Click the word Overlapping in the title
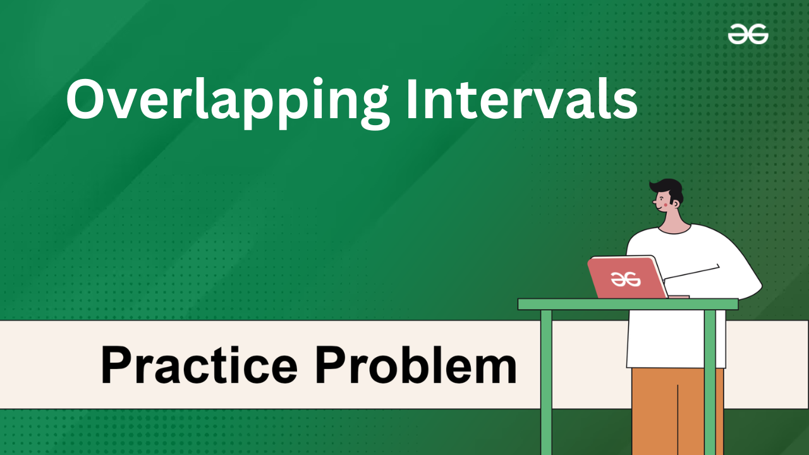(228, 103)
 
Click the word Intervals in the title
(522, 99)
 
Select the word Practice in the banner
(199, 365)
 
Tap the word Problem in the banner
(416, 365)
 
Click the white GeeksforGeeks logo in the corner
(748, 34)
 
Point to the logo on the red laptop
(626, 279)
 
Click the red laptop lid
(628, 277)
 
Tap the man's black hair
(669, 190)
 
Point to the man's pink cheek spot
(666, 205)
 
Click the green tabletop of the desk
(628, 305)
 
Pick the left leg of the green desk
(547, 382)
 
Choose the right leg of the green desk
(710, 382)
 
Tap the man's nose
(654, 202)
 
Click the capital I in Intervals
(412, 99)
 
